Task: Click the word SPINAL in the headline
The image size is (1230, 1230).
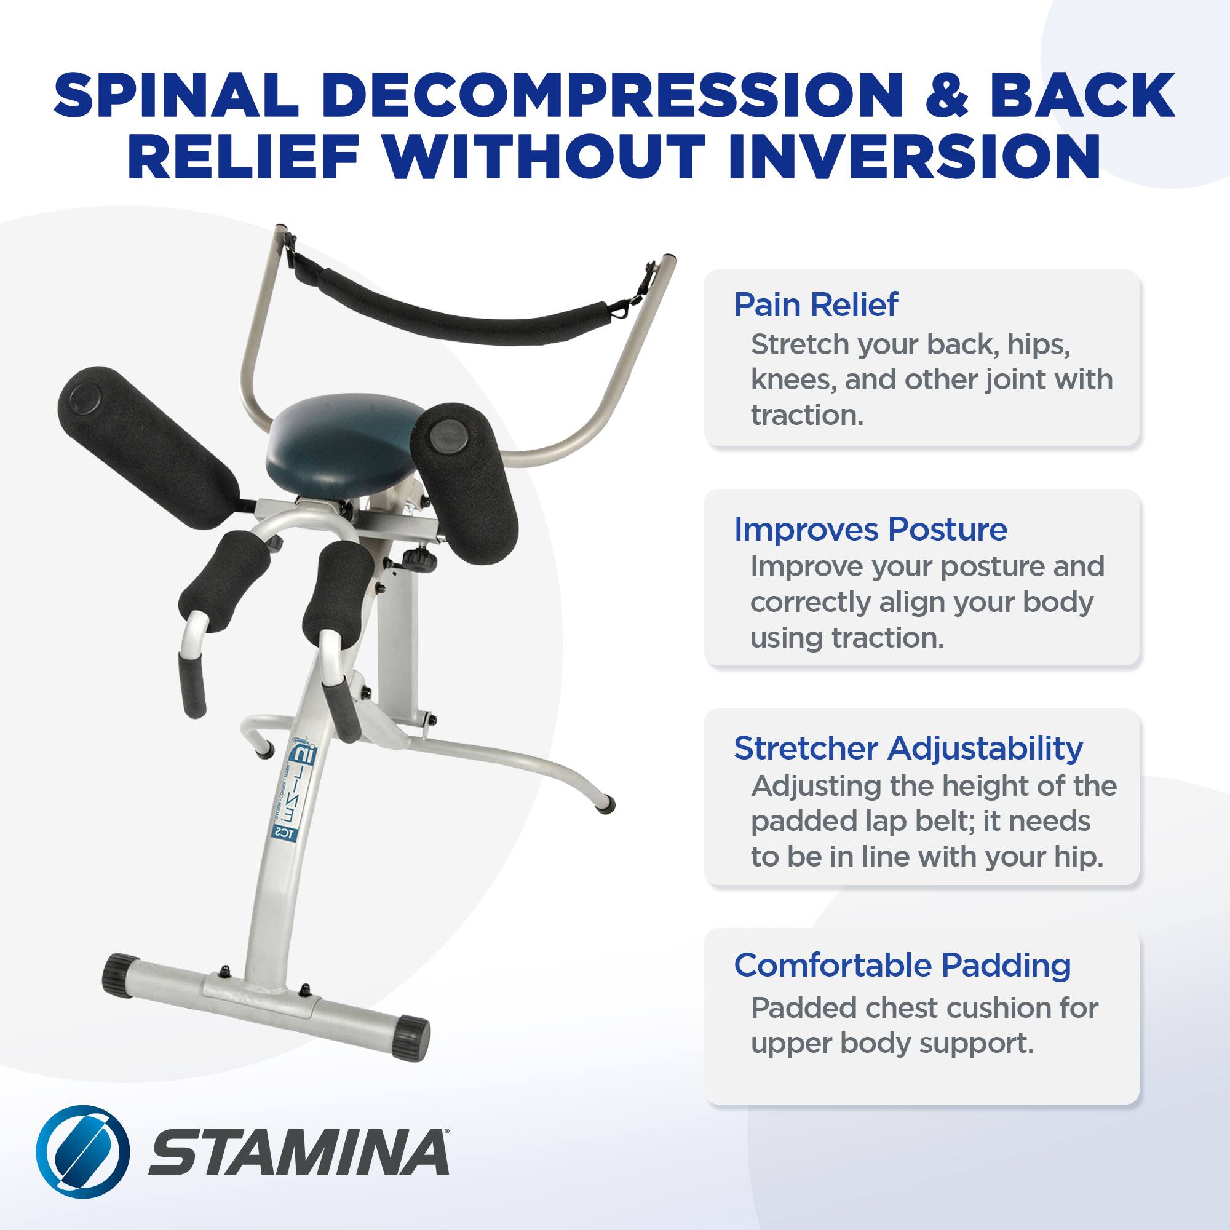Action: pos(175,94)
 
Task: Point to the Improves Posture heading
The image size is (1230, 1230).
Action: pos(870,529)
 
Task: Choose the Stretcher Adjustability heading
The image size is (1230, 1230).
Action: pos(908,748)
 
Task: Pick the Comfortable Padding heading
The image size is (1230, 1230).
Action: pos(902,965)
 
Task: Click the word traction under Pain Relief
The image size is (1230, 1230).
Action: pos(807,415)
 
